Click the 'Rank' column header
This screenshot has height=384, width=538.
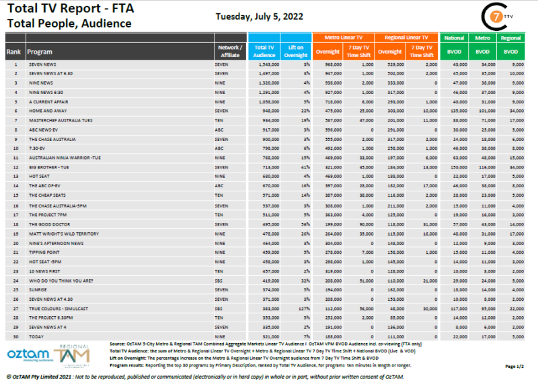point(13,51)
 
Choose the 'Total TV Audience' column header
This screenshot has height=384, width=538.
point(264,51)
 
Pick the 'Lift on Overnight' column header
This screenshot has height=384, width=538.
point(297,51)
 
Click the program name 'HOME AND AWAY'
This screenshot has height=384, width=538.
point(46,110)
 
